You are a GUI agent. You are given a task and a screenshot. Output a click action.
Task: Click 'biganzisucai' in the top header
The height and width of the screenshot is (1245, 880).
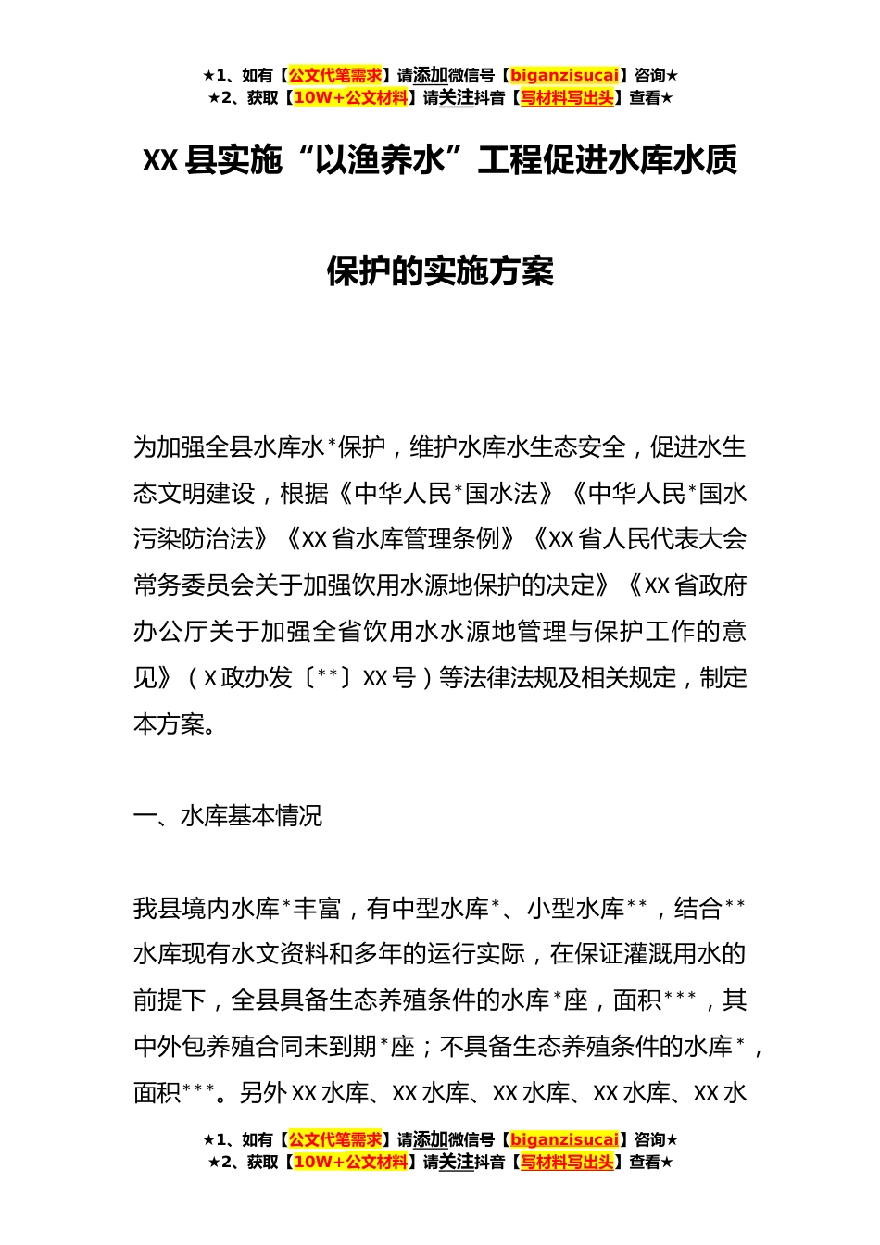564,76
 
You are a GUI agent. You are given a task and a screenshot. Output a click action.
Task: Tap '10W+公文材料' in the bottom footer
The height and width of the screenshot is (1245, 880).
350,1162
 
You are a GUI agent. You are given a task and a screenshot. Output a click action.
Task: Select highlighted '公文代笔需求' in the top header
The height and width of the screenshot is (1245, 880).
335,76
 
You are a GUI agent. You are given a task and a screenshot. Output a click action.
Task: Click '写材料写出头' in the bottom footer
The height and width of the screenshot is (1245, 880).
567,1162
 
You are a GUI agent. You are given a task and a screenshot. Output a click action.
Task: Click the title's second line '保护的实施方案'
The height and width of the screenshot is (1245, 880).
440,271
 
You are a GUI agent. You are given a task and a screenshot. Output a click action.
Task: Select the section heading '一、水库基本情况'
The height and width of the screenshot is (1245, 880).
228,815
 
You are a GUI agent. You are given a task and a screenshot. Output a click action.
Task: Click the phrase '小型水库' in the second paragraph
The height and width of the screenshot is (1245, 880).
575,908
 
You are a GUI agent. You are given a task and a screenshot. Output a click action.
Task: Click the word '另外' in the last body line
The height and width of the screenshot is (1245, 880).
263,1093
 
